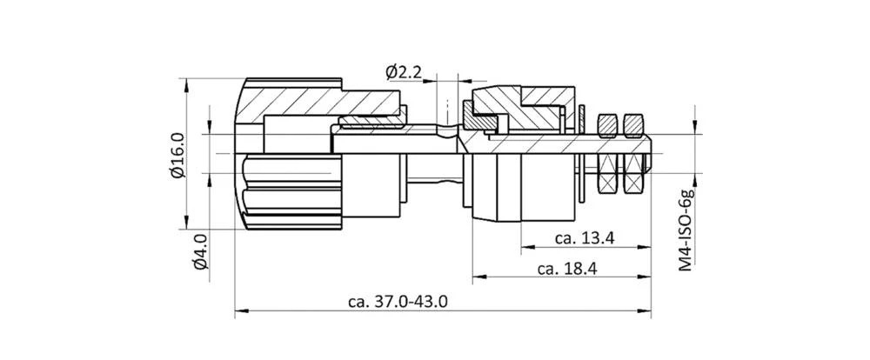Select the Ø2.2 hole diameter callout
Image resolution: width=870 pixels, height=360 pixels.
[403, 72]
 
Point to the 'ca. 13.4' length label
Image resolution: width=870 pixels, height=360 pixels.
[585, 239]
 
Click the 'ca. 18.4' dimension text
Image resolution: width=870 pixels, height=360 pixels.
[566, 269]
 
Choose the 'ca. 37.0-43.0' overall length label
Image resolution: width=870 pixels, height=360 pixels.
[398, 302]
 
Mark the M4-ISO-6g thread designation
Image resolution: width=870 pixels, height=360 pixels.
[686, 229]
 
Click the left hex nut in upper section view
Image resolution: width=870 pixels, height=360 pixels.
[608, 126]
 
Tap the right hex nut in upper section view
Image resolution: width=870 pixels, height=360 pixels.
[633, 126]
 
